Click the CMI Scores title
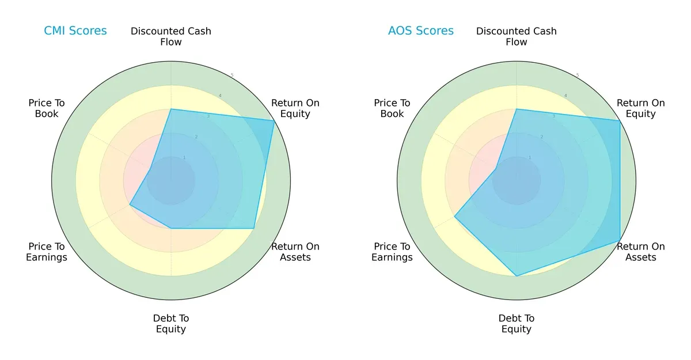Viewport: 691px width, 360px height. (x=75, y=31)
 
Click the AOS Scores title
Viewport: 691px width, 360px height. (x=421, y=31)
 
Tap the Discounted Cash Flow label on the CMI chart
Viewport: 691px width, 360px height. (x=171, y=36)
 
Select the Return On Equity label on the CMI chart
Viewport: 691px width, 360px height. (x=295, y=108)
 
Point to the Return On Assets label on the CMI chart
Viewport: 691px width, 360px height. (x=295, y=252)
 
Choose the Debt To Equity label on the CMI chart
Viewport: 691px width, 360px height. (x=171, y=324)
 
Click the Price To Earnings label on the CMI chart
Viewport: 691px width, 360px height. (x=47, y=252)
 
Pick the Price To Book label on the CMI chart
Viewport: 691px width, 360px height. (x=47, y=108)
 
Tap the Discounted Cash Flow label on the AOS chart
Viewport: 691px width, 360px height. (x=517, y=36)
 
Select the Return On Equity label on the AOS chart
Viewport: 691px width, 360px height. (x=641, y=108)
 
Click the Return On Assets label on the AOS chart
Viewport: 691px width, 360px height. (x=641, y=252)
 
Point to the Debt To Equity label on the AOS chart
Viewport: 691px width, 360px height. (x=517, y=324)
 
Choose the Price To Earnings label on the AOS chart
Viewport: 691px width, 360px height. (x=392, y=252)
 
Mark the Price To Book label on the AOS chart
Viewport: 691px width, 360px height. (x=392, y=108)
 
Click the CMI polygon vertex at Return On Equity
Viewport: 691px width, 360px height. (x=274, y=120)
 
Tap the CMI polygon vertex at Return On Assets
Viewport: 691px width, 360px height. (x=254, y=228)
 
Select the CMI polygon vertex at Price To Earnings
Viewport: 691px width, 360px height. (x=130, y=204)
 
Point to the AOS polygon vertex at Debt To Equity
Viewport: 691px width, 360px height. (x=517, y=276)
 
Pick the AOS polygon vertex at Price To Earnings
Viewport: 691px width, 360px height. (x=455, y=217)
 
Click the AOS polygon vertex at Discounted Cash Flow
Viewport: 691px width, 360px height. (x=517, y=109)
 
